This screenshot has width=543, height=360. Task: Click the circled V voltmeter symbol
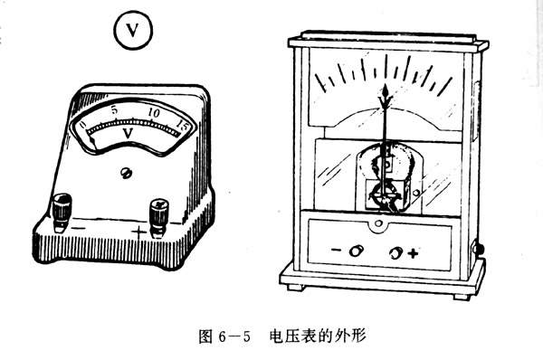133,30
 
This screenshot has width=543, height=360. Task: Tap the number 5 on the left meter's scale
115,110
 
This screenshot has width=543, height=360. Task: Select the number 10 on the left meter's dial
154,113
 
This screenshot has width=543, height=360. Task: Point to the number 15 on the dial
182,125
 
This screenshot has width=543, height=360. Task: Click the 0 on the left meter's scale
82,125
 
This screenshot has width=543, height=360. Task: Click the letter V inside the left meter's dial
128,133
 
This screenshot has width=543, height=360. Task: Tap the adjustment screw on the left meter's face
126,173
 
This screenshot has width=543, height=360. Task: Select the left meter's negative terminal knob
62,212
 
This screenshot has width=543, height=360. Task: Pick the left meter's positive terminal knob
159,217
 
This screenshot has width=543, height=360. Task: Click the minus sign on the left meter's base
79,228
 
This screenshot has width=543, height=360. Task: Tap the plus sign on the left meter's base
138,232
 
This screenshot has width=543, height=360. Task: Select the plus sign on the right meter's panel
413,253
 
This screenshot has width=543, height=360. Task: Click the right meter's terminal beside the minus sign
356,251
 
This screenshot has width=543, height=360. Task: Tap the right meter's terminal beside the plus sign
395,253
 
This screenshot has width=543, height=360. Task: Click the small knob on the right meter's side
480,249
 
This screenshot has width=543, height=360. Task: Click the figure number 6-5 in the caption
234,336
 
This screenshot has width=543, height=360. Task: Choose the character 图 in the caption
205,336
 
